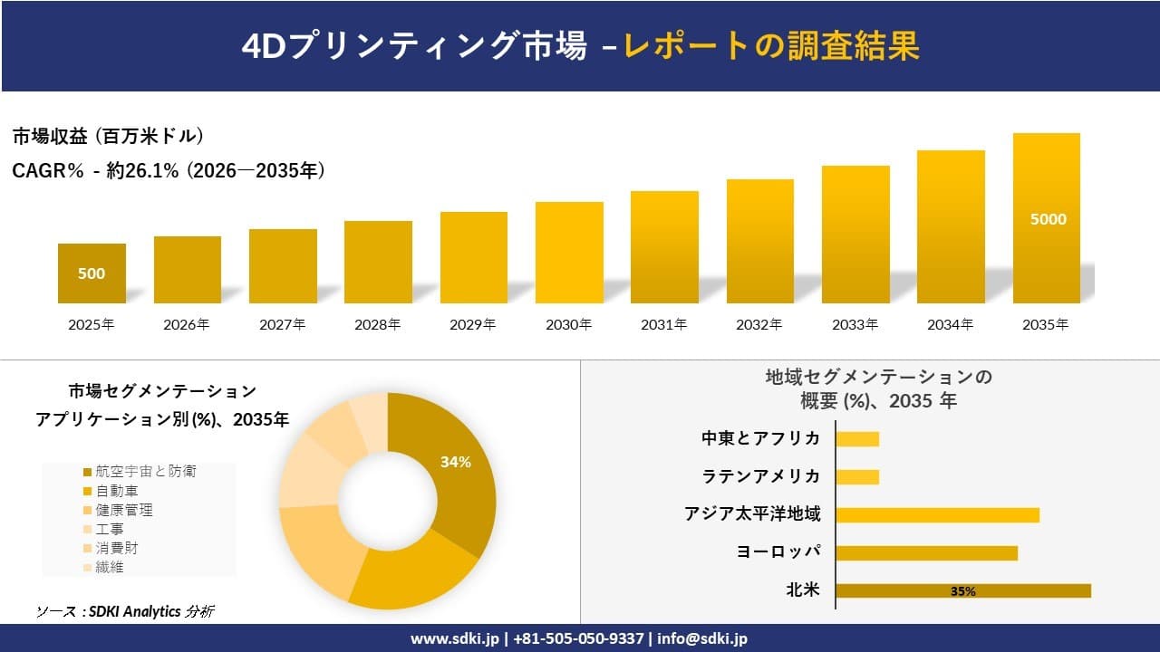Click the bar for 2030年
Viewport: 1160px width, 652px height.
(569, 253)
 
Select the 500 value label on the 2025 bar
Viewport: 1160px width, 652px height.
(92, 273)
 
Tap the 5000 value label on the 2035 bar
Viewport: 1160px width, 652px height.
(1048, 219)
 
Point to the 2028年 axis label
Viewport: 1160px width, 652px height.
(378, 324)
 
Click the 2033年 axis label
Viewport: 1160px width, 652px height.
(855, 324)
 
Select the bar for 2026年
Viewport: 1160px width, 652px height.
(188, 270)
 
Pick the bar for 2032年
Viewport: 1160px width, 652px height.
(759, 242)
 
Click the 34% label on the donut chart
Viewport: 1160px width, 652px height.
(455, 462)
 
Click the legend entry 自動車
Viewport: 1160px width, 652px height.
(117, 491)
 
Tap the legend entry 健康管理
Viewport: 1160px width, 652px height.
(124, 510)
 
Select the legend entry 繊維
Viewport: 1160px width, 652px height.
(110, 567)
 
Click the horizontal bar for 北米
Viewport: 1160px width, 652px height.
(962, 590)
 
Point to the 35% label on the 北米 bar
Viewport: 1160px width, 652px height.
(962, 591)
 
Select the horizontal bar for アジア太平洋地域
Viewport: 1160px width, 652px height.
(937, 515)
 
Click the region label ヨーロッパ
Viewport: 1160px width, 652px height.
(778, 552)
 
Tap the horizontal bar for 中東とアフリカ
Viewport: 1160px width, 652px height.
(857, 439)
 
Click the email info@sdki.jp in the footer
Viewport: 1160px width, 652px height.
(702, 638)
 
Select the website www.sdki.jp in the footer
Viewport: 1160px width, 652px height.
(453, 638)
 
